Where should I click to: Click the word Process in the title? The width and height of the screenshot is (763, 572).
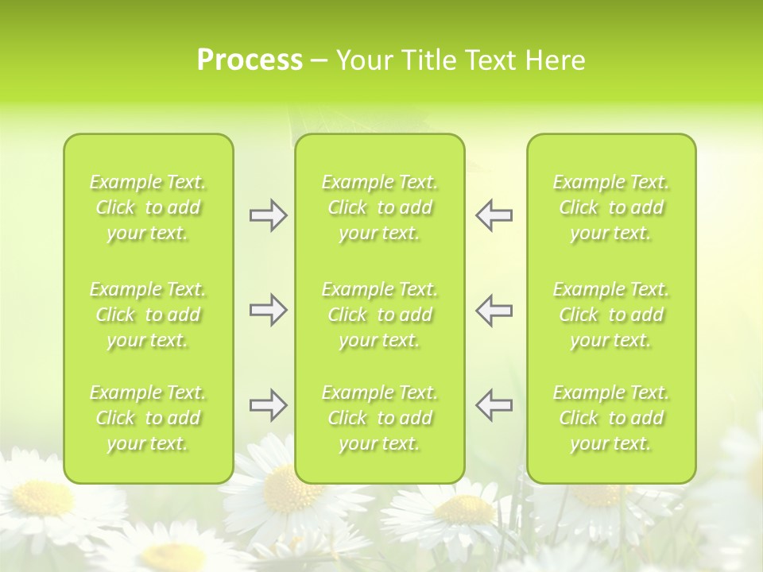point(250,60)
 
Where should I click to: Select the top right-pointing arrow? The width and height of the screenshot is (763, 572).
point(268,215)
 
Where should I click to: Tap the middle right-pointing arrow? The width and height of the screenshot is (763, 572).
point(268,310)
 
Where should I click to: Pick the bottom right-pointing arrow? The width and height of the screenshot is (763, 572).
point(268,405)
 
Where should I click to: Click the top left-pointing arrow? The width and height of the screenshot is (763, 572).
point(494,215)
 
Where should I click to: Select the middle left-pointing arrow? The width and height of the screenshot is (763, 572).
point(494,310)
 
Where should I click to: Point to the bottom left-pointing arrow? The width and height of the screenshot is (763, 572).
point(494,405)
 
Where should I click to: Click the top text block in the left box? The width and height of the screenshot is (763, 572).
point(148,207)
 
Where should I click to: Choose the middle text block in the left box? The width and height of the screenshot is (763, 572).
point(148,315)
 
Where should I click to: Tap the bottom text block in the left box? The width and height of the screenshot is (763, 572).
point(148,418)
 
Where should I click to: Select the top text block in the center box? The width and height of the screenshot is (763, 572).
point(379,207)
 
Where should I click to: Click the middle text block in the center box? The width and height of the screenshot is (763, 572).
point(379,315)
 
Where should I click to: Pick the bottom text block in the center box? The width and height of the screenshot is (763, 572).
point(379,418)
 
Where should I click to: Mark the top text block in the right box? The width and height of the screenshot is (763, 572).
point(610,207)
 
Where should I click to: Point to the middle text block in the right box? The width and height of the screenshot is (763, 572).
point(610,315)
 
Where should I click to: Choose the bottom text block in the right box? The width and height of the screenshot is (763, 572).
point(610,418)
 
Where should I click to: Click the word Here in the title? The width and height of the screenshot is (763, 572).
point(555,60)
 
